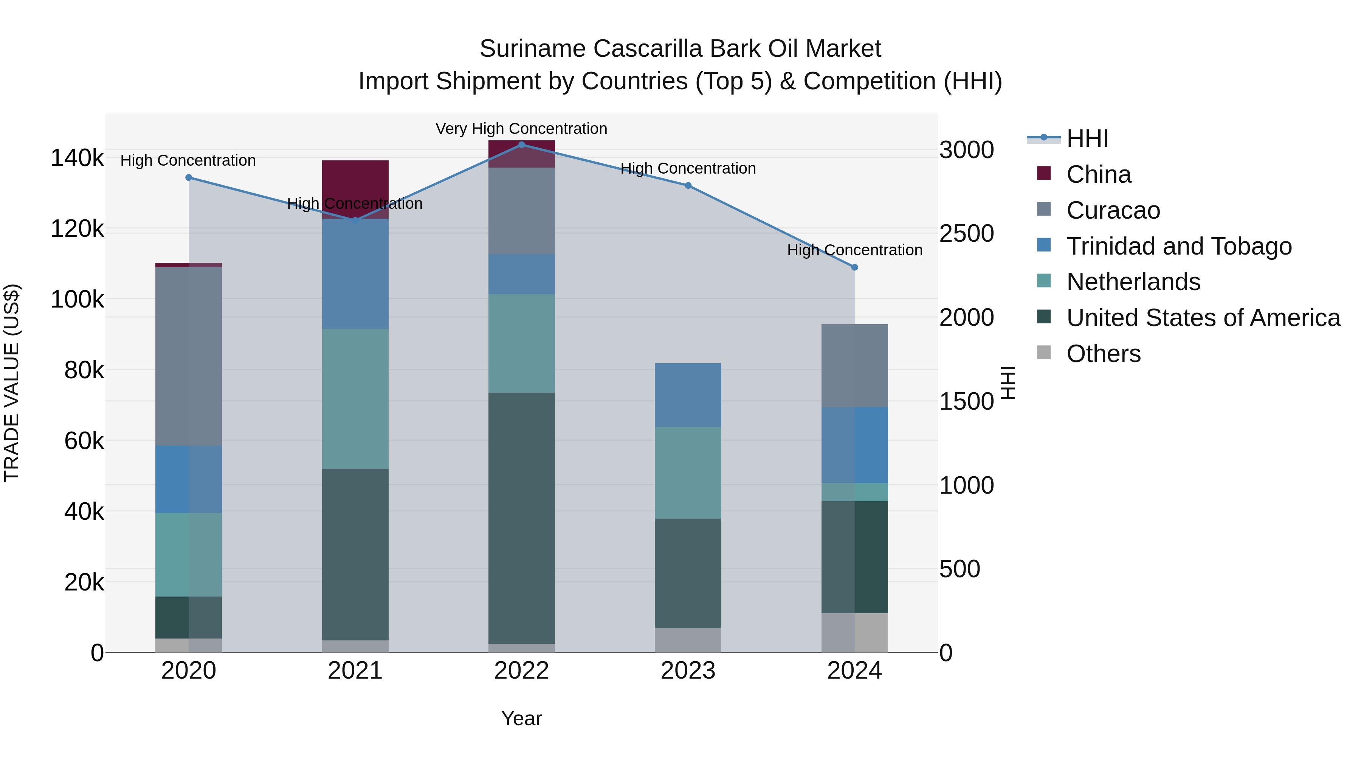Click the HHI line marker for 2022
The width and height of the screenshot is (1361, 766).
(x=521, y=145)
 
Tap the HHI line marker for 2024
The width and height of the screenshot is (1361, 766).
(x=854, y=267)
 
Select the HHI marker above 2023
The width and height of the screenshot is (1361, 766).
(x=688, y=186)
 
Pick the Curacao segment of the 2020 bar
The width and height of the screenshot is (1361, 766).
(x=189, y=356)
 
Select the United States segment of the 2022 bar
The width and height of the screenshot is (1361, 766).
(x=521, y=518)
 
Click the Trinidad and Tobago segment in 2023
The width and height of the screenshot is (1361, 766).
(x=688, y=395)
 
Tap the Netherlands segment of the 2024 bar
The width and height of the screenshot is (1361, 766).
(x=854, y=492)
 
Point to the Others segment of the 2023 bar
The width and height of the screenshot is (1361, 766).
(x=688, y=640)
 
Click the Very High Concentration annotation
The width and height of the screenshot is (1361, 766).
(x=521, y=129)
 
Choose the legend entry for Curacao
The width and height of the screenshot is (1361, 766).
(x=1113, y=210)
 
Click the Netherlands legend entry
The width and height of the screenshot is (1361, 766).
(x=1133, y=282)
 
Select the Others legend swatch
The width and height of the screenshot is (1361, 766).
(x=1044, y=353)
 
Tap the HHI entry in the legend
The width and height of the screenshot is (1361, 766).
(x=1087, y=138)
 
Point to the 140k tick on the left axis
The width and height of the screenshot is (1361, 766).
(x=77, y=158)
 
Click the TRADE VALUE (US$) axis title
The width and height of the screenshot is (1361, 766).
(x=12, y=383)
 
